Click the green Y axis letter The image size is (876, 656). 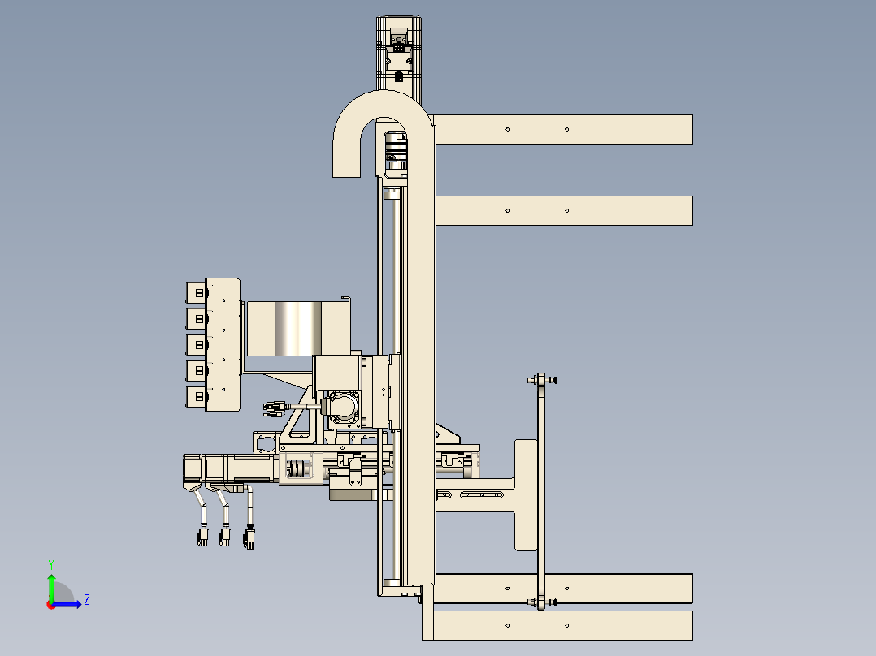(x=51, y=564)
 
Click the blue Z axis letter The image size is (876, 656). (x=87, y=600)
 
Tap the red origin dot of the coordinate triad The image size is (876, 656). (x=51, y=605)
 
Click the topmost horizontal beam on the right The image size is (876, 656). (x=563, y=130)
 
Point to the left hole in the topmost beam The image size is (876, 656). (x=507, y=130)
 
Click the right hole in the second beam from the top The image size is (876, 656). (x=566, y=210)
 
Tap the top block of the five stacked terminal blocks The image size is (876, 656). (x=196, y=292)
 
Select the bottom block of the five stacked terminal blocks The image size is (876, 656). (x=196, y=397)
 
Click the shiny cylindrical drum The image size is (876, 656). (x=297, y=328)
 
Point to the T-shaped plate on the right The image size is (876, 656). (x=525, y=494)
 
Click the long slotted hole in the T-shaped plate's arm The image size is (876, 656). (x=482, y=494)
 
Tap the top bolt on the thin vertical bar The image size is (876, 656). (x=541, y=380)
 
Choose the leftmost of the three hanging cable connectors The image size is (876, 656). (x=202, y=537)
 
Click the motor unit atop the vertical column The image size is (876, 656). (x=398, y=53)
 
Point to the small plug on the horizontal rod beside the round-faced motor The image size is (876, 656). (x=275, y=408)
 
